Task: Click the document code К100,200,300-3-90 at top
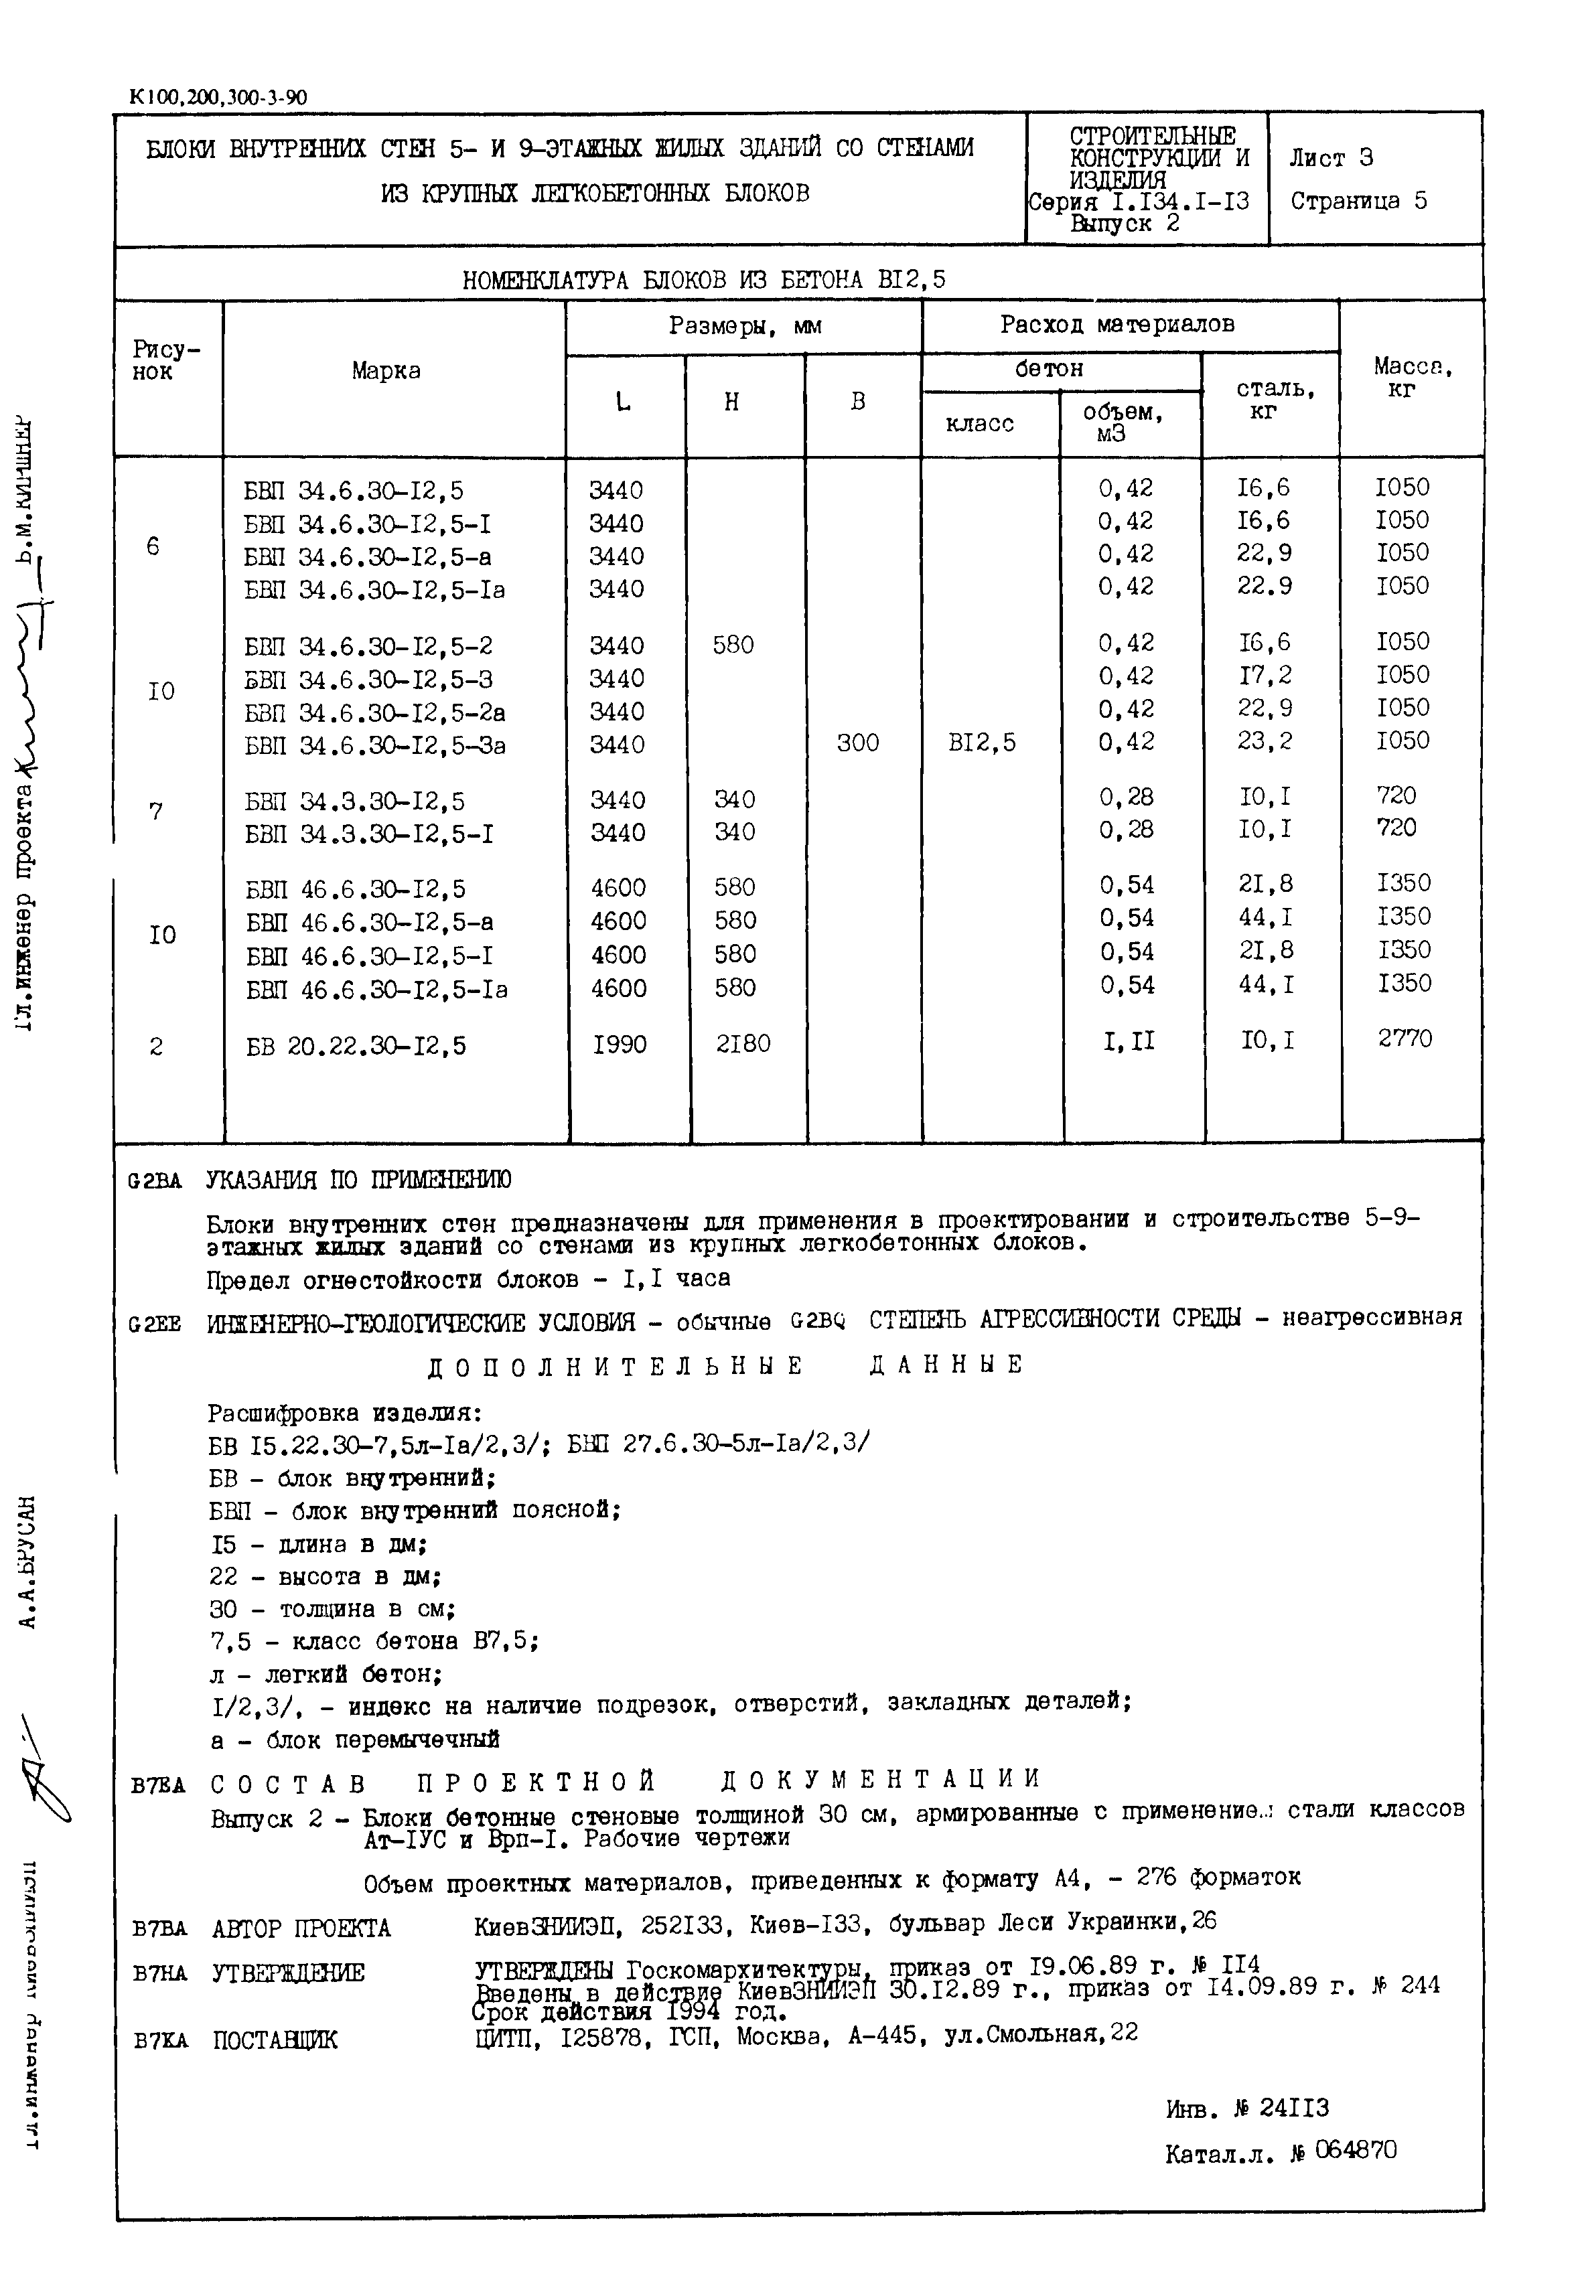pyautogui.click(x=218, y=97)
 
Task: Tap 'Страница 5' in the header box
pyautogui.click(x=1358, y=201)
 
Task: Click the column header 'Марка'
pyautogui.click(x=386, y=370)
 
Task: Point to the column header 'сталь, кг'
pyautogui.click(x=1275, y=399)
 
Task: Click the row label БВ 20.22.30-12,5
pyautogui.click(x=355, y=1045)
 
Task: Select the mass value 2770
pyautogui.click(x=1405, y=1039)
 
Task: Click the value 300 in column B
pyautogui.click(x=857, y=743)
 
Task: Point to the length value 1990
pyautogui.click(x=620, y=1045)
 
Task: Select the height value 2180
pyautogui.click(x=742, y=1043)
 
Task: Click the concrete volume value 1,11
pyautogui.click(x=1128, y=1041)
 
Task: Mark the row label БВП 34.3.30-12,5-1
pyautogui.click(x=369, y=834)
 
